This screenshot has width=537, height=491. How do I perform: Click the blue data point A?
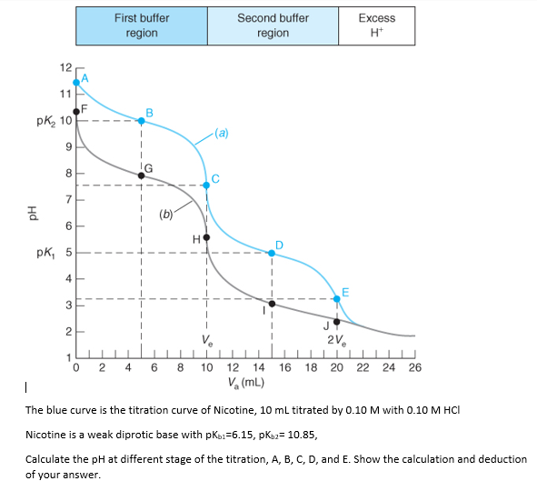pos(76,82)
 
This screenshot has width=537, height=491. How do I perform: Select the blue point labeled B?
pos(141,121)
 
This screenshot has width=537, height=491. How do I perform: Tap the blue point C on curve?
pos(206,185)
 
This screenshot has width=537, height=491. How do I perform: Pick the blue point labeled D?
pos(272,253)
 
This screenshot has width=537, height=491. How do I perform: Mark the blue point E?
pos(337,298)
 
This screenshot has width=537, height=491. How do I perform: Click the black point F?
pos(76,111)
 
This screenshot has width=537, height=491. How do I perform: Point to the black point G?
pos(141,175)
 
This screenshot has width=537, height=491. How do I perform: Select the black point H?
pos(206,237)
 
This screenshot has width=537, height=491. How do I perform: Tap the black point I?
pos(272,303)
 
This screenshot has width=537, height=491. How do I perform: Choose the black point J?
pos(337,321)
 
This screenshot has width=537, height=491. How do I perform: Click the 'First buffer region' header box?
pos(142,25)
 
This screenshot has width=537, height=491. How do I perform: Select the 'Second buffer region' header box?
pos(273,25)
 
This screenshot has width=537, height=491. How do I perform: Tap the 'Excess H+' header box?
pos(376,25)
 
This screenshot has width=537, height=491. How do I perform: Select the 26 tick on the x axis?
pos(415,367)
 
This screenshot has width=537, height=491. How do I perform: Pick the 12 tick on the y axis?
pos(64,69)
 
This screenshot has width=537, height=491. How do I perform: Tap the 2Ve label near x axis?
pos(334,341)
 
